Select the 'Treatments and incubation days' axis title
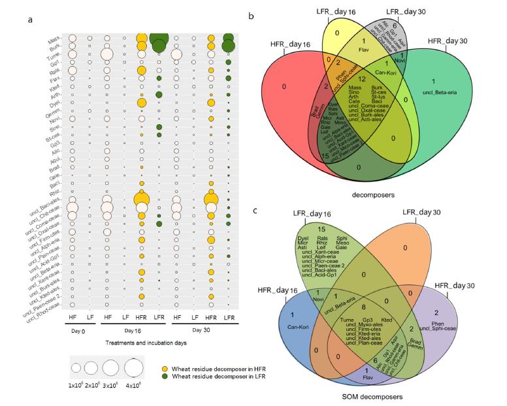144,343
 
